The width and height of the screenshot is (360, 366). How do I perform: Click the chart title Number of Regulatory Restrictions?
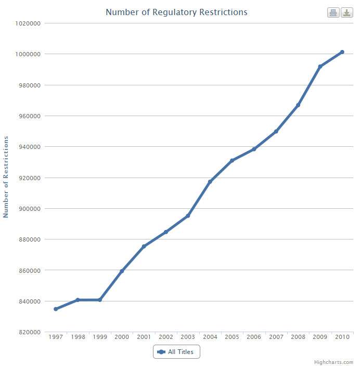(x=176, y=12)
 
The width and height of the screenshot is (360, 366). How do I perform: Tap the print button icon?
(x=333, y=12)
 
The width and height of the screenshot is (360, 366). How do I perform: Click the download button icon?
(x=347, y=12)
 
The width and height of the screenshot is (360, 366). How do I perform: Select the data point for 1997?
(x=56, y=309)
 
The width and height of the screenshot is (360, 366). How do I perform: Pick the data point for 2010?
(x=342, y=52)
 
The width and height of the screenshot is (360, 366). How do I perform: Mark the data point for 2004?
(x=210, y=182)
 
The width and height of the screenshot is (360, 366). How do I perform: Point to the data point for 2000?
(x=122, y=271)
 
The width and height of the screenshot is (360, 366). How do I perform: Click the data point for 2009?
(x=320, y=67)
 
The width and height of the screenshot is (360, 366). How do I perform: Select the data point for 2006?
(x=254, y=149)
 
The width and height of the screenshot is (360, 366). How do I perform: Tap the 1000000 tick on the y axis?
(x=29, y=54)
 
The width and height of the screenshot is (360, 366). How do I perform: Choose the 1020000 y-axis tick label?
(x=29, y=23)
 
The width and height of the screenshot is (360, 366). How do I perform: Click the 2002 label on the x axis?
(x=166, y=337)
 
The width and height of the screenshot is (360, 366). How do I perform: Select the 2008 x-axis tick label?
(x=298, y=337)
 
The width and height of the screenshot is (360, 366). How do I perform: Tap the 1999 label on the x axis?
(x=100, y=337)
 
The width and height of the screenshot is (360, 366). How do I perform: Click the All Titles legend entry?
(x=176, y=352)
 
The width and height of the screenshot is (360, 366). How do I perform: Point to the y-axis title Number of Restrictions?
(x=6, y=177)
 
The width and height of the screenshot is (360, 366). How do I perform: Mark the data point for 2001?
(x=144, y=246)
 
